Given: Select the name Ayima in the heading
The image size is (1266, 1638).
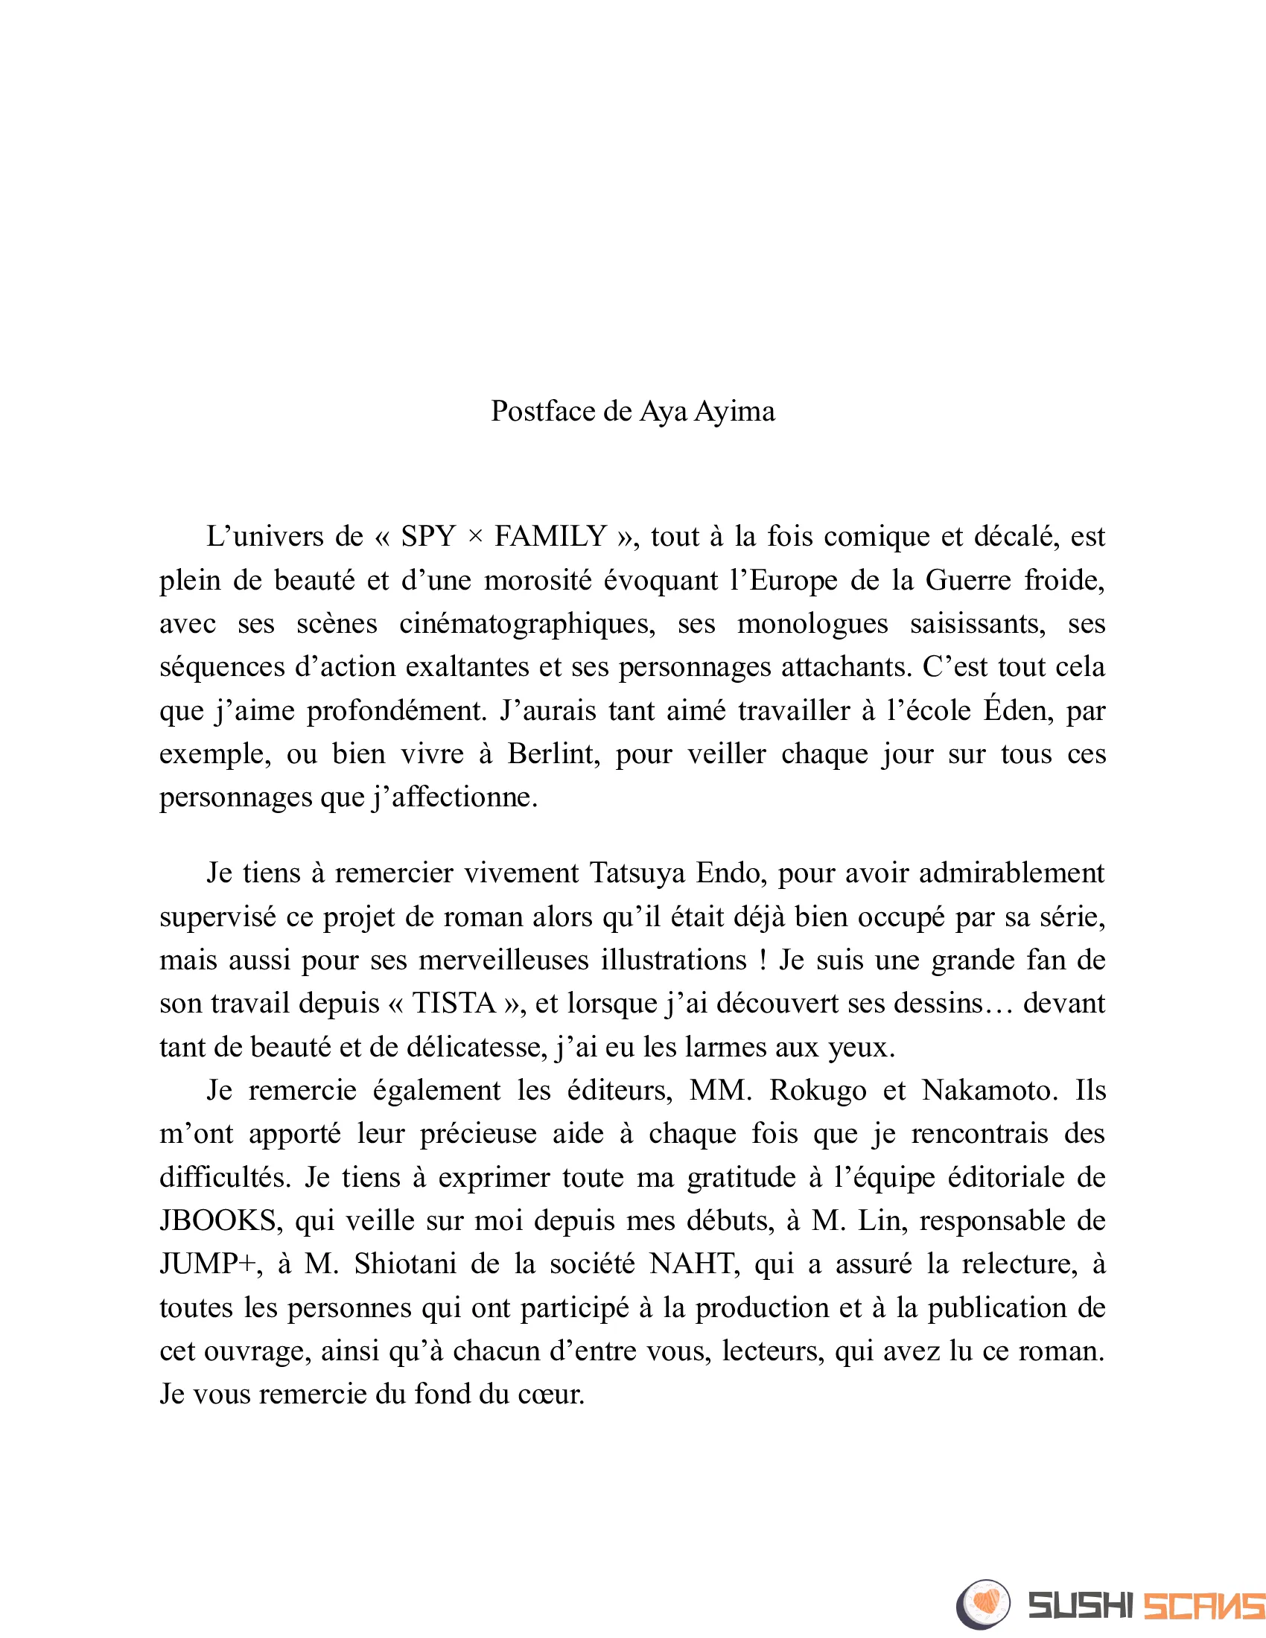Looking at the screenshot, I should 734,412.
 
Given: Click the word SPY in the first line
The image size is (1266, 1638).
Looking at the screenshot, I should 428,537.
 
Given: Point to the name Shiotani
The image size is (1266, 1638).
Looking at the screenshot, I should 405,1264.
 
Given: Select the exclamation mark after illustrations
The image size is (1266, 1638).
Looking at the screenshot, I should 763,960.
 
